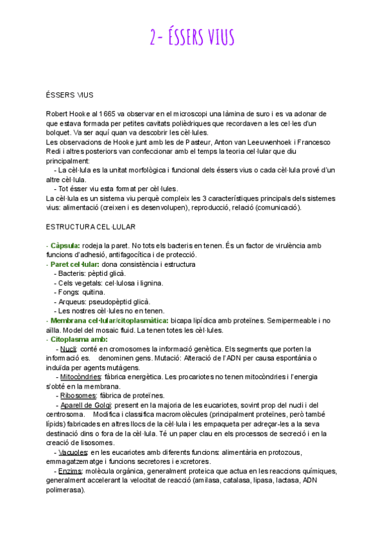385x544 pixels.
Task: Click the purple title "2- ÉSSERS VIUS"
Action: [192, 38]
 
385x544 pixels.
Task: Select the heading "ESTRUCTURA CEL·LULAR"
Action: [90, 227]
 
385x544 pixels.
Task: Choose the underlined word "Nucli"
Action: [69, 349]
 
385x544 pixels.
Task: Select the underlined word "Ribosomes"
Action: [78, 395]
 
